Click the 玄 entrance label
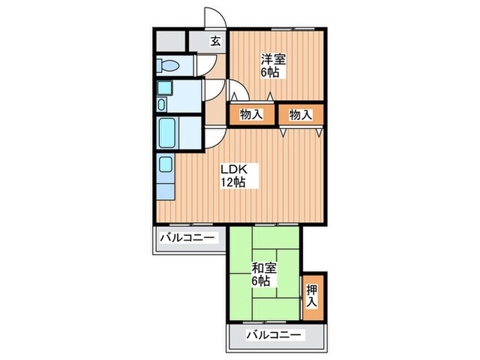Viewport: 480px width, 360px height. pyautogui.click(x=216, y=40)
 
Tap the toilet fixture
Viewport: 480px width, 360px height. pyautogui.click(x=167, y=66)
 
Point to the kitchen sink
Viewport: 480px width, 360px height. pyautogui.click(x=166, y=165)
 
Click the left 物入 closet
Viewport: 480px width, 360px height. pyautogui.click(x=251, y=115)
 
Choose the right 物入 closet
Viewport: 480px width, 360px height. pyautogui.click(x=300, y=115)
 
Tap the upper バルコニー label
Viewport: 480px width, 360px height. pyautogui.click(x=188, y=239)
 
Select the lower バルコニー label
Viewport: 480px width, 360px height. pyautogui.click(x=274, y=335)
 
